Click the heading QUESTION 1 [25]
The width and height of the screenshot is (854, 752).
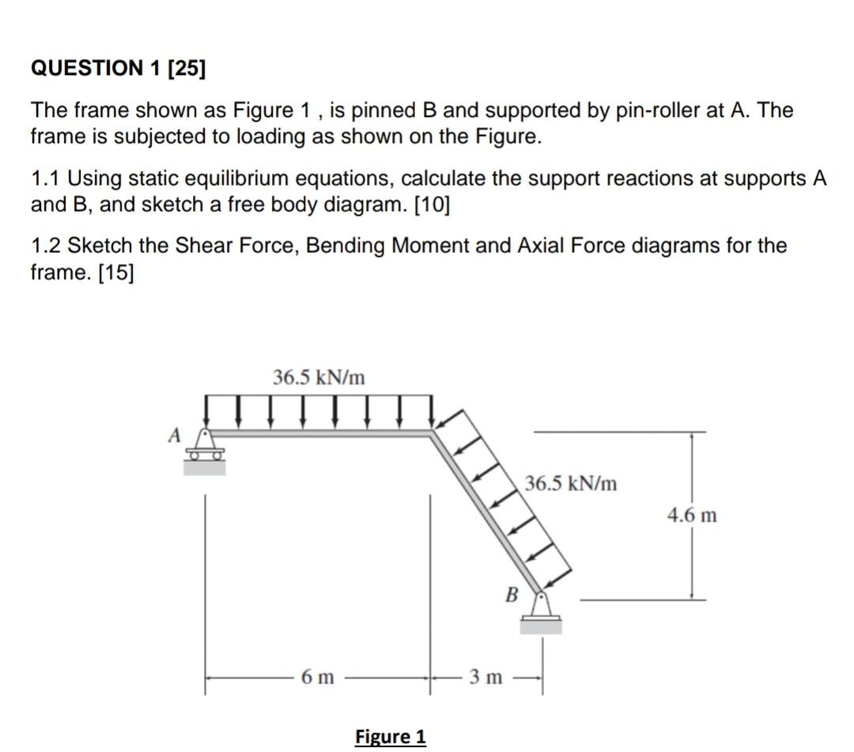117,69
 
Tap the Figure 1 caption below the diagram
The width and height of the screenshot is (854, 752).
391,737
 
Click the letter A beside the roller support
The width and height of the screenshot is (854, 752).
175,434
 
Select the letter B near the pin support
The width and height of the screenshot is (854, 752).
512,593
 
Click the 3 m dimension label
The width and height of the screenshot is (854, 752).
486,677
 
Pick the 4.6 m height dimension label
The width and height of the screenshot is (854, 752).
692,516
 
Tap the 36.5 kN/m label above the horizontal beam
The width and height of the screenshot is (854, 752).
319,377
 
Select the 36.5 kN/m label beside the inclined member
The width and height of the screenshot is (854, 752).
570,483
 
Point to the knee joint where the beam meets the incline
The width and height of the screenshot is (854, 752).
432,433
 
